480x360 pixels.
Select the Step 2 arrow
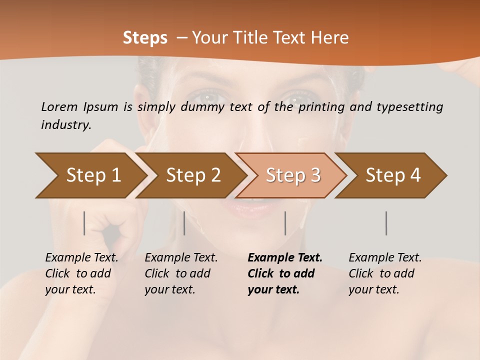point(193,175)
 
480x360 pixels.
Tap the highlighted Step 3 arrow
point(293,175)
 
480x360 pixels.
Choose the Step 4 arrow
point(393,175)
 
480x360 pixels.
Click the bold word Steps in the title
point(145,38)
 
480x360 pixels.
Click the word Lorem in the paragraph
point(59,106)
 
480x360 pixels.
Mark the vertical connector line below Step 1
point(84,223)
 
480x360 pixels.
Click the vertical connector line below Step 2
point(184,223)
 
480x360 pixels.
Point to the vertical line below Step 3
point(285,223)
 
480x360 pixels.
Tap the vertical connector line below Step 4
point(386,223)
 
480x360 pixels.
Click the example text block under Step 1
point(81,273)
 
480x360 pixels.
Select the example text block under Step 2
point(181,273)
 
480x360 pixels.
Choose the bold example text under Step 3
point(284,273)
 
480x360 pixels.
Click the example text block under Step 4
point(385,273)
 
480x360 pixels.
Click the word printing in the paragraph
point(321,106)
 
